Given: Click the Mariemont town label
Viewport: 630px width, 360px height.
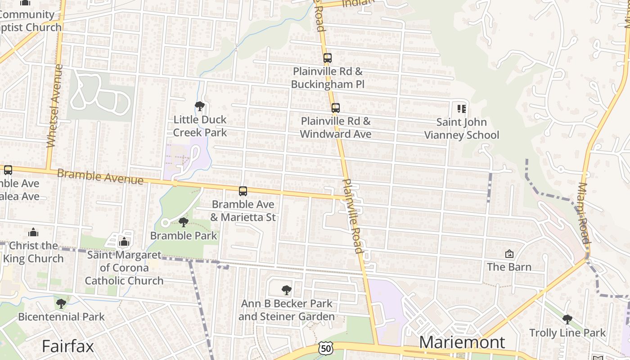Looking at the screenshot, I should pyautogui.click(x=462, y=342).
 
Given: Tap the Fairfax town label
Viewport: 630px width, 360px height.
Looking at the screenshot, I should pyautogui.click(x=68, y=346).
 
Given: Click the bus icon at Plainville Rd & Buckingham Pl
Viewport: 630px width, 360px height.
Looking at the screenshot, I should pyautogui.click(x=327, y=58).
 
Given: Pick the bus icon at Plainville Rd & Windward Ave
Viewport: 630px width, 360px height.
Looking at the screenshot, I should pyautogui.click(x=335, y=108).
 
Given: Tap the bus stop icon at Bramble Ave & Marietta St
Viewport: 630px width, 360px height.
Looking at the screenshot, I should pyautogui.click(x=243, y=191).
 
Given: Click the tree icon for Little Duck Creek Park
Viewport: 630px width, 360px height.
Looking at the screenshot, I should pyautogui.click(x=200, y=106).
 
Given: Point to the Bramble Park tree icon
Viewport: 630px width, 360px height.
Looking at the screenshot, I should pyautogui.click(x=183, y=222).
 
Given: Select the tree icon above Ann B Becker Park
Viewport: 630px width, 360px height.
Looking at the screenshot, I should pyautogui.click(x=286, y=290).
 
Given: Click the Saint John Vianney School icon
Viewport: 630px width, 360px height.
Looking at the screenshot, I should pyautogui.click(x=461, y=108).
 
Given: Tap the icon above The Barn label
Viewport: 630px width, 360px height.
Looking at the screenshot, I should pyautogui.click(x=509, y=254).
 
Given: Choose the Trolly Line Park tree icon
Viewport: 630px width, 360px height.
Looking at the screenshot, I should pyautogui.click(x=567, y=319).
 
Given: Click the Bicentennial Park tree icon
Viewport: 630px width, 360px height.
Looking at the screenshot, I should pyautogui.click(x=61, y=304).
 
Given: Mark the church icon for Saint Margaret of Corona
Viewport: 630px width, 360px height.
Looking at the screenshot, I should pyautogui.click(x=124, y=242).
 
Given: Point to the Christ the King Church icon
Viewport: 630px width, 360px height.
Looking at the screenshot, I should pyautogui.click(x=33, y=232).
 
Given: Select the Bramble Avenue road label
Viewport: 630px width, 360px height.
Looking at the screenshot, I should pyautogui.click(x=100, y=177).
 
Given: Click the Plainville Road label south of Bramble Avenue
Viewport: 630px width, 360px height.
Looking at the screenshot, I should pyautogui.click(x=352, y=216).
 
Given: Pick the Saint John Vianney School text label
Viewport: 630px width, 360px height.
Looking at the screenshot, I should pyautogui.click(x=462, y=128).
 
